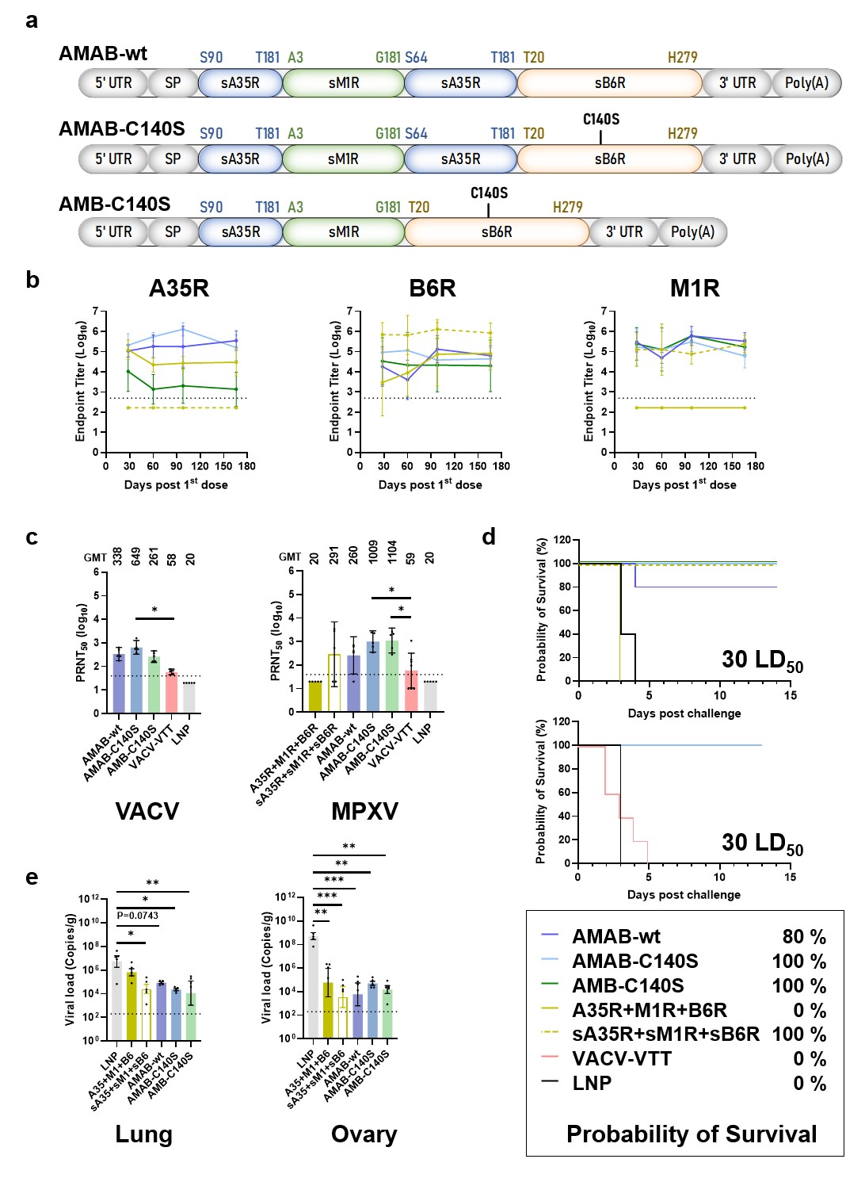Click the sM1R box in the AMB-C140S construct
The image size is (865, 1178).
pyautogui.click(x=344, y=232)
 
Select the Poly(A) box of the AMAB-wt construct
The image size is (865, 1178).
pyautogui.click(x=806, y=83)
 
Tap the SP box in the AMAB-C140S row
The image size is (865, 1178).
pyautogui.click(x=173, y=159)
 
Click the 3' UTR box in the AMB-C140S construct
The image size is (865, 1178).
pyautogui.click(x=624, y=232)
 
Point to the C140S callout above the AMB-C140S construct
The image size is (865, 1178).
pyautogui.click(x=489, y=193)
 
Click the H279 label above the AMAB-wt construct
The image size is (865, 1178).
pyautogui.click(x=682, y=58)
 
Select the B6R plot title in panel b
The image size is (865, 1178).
pyautogui.click(x=432, y=288)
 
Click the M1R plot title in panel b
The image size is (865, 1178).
pyautogui.click(x=695, y=288)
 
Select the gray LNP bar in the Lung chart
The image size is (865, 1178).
pyautogui.click(x=116, y=999)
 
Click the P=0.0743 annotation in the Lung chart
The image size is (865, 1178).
pyautogui.click(x=138, y=916)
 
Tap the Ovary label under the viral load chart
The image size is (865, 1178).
pyautogui.click(x=364, y=1134)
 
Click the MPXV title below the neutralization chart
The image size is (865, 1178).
pyautogui.click(x=364, y=811)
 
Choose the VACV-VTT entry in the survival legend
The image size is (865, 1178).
pyautogui.click(x=622, y=1059)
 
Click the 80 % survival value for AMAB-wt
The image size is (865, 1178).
pyautogui.click(x=804, y=937)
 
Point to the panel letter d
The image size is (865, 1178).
pyautogui.click(x=490, y=537)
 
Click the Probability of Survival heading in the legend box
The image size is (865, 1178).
pyautogui.click(x=692, y=1134)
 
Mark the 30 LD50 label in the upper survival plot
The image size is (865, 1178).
pyautogui.click(x=762, y=660)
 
